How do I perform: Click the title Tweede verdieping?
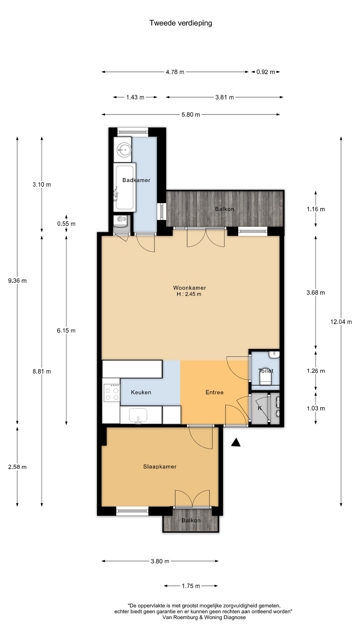[181, 23]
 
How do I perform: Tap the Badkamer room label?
[136, 180]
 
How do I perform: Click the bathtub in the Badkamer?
[125, 187]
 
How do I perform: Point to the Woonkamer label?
[190, 288]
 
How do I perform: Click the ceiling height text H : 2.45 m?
[189, 294]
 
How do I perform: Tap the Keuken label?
[141, 392]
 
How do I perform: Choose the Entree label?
[214, 392]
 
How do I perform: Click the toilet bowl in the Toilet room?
[266, 377]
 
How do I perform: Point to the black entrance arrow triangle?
[236, 442]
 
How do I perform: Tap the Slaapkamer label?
[160, 467]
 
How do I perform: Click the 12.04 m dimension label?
[341, 322]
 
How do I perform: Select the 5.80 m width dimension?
[191, 115]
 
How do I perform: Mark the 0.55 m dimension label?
[66, 224]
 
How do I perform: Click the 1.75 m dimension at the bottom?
[191, 586]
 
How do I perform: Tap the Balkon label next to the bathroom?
[224, 209]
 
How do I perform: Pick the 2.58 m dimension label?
[17, 467]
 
